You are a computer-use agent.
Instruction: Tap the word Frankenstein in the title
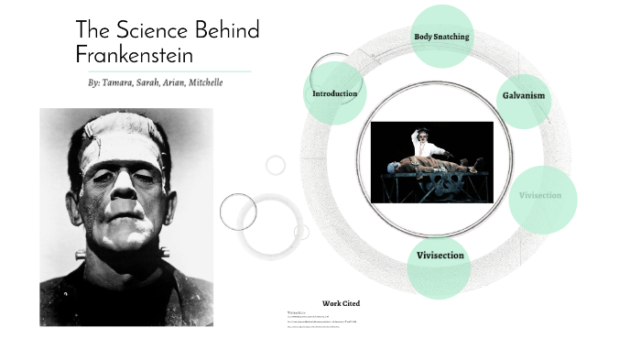[134, 53]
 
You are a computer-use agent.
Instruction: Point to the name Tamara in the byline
[118, 82]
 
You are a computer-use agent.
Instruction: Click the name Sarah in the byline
[151, 82]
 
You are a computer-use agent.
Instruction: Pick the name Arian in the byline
[179, 82]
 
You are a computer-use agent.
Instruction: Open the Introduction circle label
[334, 93]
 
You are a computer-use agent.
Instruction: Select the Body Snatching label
[441, 37]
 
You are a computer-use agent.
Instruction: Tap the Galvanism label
[524, 95]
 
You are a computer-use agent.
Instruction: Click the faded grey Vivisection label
[540, 195]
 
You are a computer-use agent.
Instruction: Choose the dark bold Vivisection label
[440, 256]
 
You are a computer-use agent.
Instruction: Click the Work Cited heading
[341, 303]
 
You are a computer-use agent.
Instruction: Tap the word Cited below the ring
[351, 303]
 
